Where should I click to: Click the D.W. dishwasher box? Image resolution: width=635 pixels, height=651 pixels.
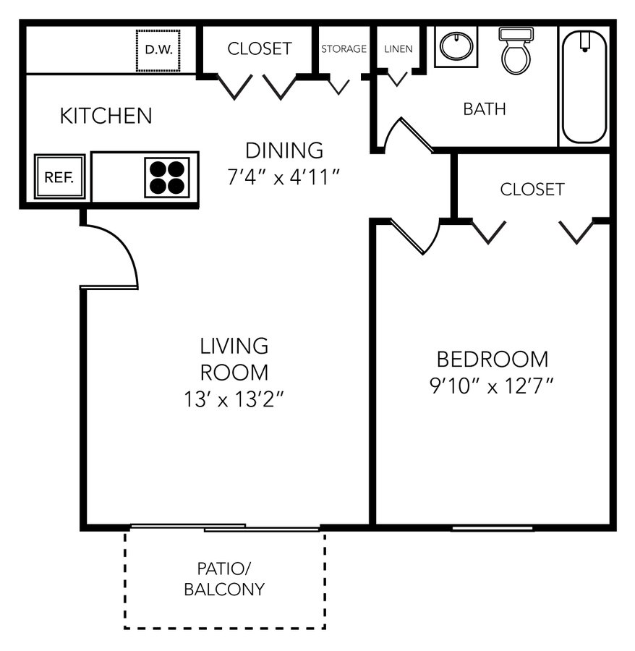pyautogui.click(x=158, y=50)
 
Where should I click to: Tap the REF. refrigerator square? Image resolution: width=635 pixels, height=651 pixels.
pyautogui.click(x=60, y=177)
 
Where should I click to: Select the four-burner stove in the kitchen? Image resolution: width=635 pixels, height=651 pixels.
pyautogui.click(x=167, y=177)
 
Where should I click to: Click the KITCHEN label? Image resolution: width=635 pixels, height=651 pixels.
pyautogui.click(x=106, y=116)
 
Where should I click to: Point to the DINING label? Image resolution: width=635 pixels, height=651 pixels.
pyautogui.click(x=284, y=150)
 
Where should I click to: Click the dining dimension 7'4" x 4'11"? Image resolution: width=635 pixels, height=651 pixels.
pyautogui.click(x=284, y=177)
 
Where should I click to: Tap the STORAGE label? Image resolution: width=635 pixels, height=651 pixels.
pyautogui.click(x=344, y=49)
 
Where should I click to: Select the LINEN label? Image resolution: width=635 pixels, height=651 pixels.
pyautogui.click(x=399, y=49)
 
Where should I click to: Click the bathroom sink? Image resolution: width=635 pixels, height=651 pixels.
pyautogui.click(x=456, y=46)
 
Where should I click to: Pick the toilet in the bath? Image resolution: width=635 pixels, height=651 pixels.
pyautogui.click(x=516, y=51)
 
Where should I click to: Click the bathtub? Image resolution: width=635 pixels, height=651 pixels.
pyautogui.click(x=584, y=86)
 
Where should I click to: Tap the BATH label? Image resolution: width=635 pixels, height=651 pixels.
pyautogui.click(x=485, y=109)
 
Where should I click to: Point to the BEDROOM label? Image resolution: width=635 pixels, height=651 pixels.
pyautogui.click(x=493, y=359)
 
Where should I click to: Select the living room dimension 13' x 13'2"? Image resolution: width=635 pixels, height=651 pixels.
pyautogui.click(x=234, y=399)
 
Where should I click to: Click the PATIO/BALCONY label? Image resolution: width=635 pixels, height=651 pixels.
pyautogui.click(x=224, y=579)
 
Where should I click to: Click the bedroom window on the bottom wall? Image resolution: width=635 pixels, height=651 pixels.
pyautogui.click(x=493, y=528)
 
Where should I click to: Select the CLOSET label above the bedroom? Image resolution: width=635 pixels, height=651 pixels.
pyautogui.click(x=532, y=190)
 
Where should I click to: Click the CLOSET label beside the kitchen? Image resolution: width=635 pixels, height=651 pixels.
pyautogui.click(x=260, y=48)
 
